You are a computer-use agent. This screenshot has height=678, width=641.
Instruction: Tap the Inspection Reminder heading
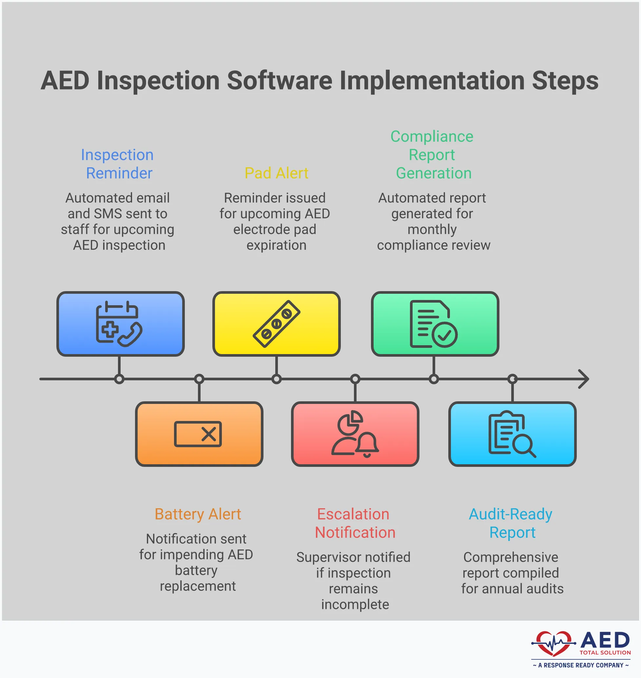(x=117, y=164)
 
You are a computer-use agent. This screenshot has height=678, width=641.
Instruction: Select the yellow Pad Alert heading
(x=276, y=173)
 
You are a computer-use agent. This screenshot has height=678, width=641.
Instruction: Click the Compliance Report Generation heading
(x=432, y=155)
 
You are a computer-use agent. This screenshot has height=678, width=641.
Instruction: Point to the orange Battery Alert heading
(x=198, y=514)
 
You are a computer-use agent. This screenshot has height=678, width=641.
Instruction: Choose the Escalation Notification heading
(x=354, y=523)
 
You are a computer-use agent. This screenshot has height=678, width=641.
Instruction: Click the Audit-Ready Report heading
(x=511, y=523)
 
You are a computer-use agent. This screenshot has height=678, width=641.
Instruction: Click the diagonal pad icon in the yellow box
(x=276, y=324)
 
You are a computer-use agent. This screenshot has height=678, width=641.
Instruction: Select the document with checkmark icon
(x=433, y=324)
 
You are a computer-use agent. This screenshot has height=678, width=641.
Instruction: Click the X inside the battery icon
(x=208, y=434)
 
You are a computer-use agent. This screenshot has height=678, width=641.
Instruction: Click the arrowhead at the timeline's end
(x=585, y=379)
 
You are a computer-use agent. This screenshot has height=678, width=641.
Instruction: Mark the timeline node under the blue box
(x=119, y=379)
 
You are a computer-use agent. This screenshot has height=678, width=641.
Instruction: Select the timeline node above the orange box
(x=199, y=379)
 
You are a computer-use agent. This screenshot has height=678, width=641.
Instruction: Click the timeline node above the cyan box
(x=512, y=379)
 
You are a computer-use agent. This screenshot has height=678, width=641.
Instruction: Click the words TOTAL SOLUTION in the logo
(x=605, y=653)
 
